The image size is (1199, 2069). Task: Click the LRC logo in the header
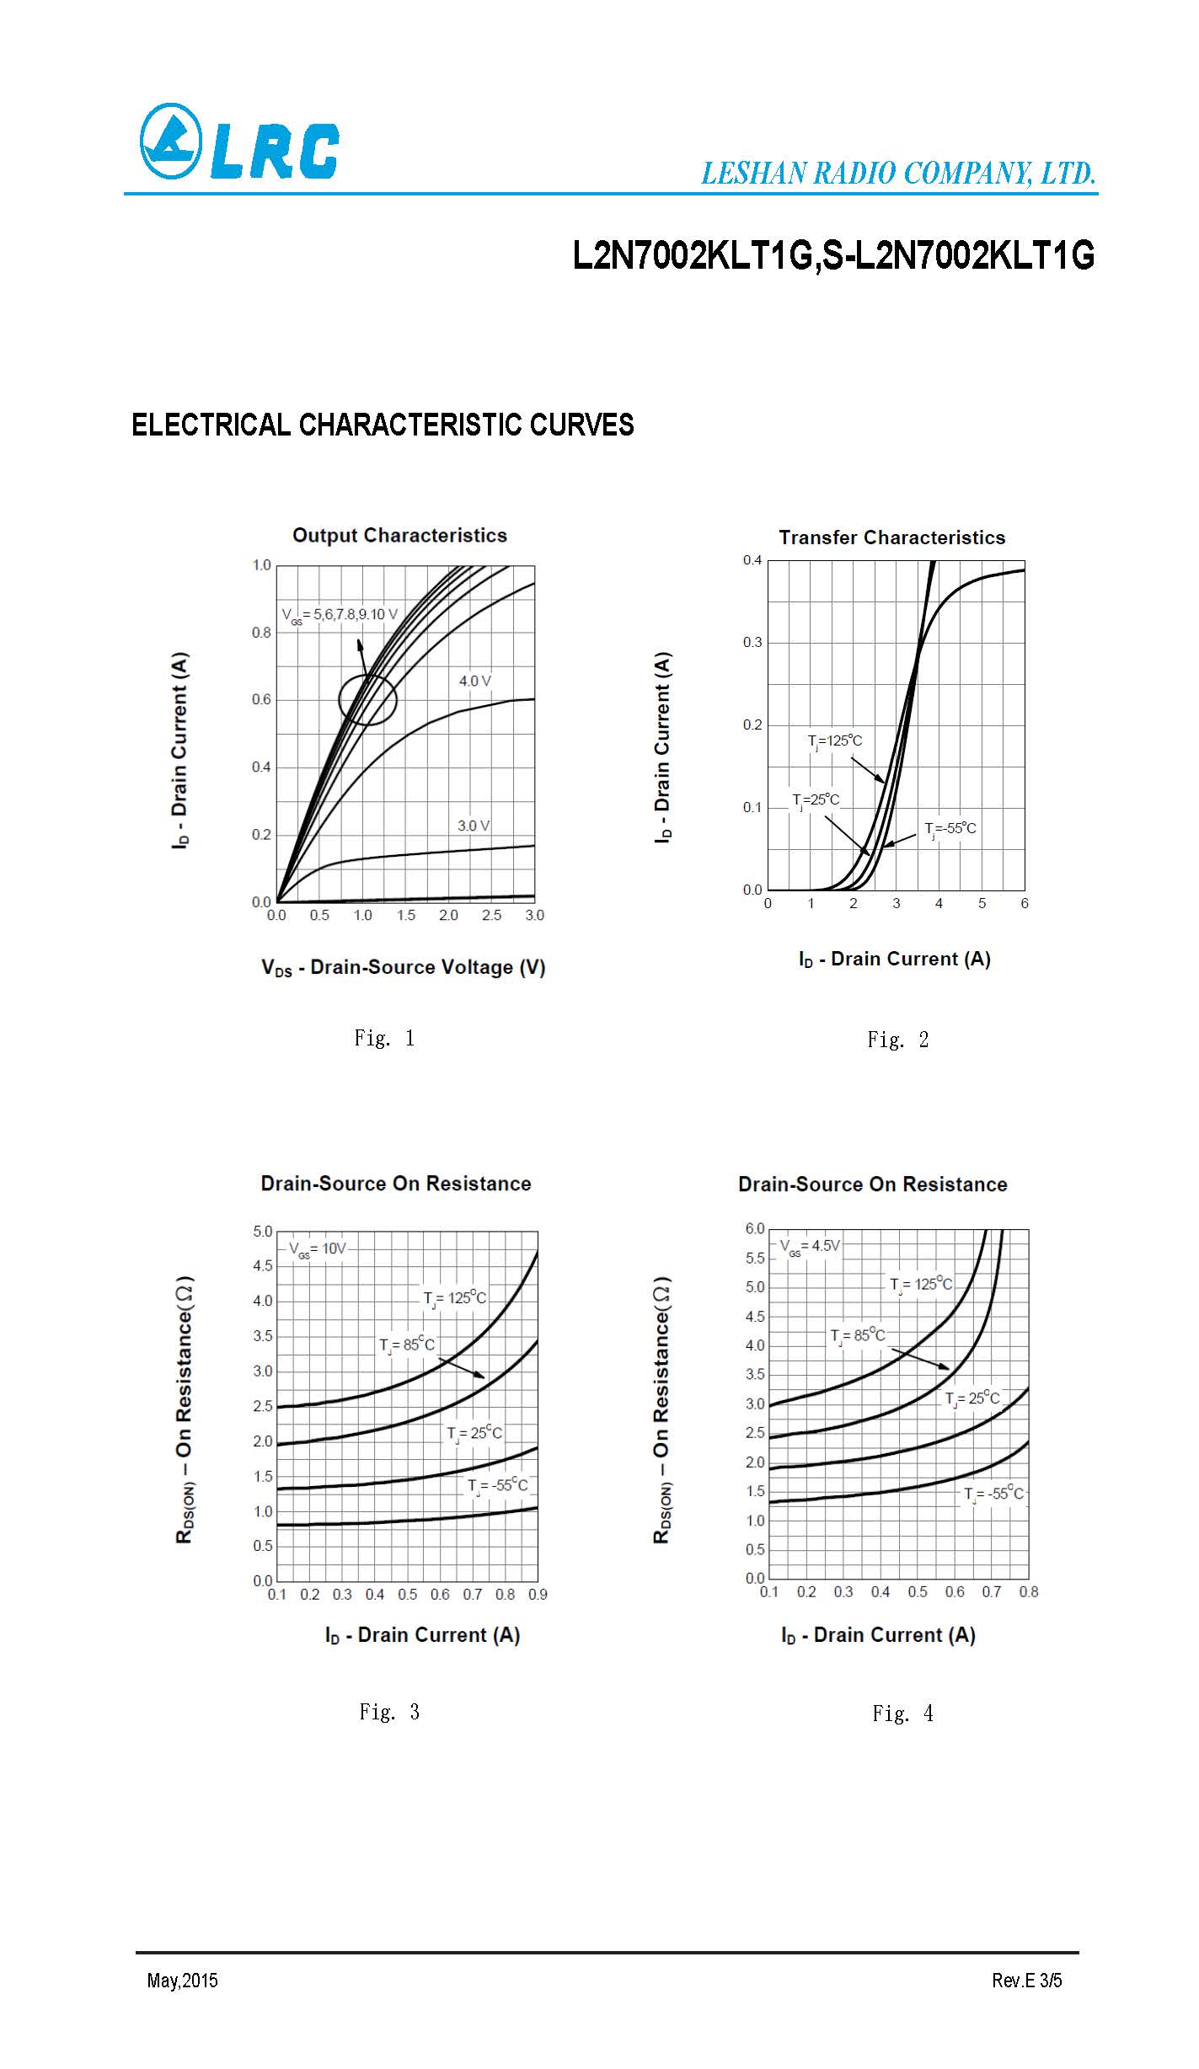point(239,142)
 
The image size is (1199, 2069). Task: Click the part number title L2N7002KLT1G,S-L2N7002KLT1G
point(832,255)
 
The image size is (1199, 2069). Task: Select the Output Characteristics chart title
point(399,536)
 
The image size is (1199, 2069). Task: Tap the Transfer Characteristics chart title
point(891,537)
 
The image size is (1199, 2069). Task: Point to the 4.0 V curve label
point(474,681)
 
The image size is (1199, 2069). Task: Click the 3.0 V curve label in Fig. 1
point(474,826)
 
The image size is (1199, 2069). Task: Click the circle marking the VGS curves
point(367,700)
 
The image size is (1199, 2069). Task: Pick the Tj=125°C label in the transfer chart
point(835,741)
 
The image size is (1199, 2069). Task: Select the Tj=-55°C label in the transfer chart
point(950,829)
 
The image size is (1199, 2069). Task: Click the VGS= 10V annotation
point(318,1248)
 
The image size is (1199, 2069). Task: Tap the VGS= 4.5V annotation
point(809,1246)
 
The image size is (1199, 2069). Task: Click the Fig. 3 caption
point(389,1712)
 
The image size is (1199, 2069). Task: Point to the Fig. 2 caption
point(898,1040)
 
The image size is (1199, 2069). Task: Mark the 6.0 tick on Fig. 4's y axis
point(754,1229)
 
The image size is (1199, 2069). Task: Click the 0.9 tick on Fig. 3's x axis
point(538,1594)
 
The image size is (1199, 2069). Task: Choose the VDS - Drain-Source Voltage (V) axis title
point(404,967)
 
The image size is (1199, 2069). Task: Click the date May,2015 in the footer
point(182,1980)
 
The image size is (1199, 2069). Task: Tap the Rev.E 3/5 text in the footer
point(1026,1980)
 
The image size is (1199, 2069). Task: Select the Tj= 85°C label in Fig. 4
point(858,1336)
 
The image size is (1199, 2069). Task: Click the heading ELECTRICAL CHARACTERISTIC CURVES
point(383,425)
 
